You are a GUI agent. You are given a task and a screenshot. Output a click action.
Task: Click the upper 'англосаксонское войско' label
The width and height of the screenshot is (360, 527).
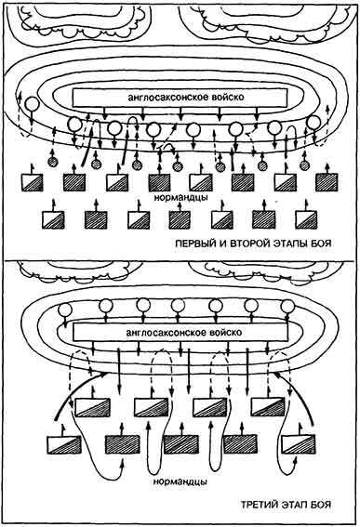pos(180,97)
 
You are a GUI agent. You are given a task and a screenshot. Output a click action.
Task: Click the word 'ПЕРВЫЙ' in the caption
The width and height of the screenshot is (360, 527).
pos(196,244)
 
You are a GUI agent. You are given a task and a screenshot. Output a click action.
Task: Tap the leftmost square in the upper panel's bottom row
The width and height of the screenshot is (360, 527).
pos(51,219)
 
